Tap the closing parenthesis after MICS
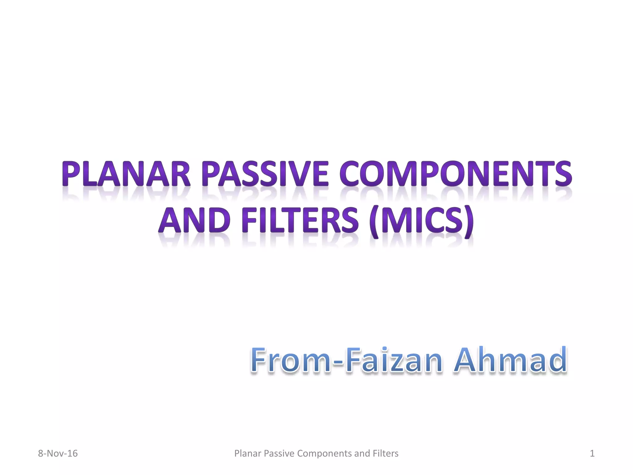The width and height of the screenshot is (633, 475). coord(469,221)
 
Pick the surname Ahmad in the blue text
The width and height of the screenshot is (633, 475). coord(510,360)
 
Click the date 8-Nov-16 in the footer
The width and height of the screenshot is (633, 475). coord(58,453)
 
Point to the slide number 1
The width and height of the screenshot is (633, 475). coord(592,453)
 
